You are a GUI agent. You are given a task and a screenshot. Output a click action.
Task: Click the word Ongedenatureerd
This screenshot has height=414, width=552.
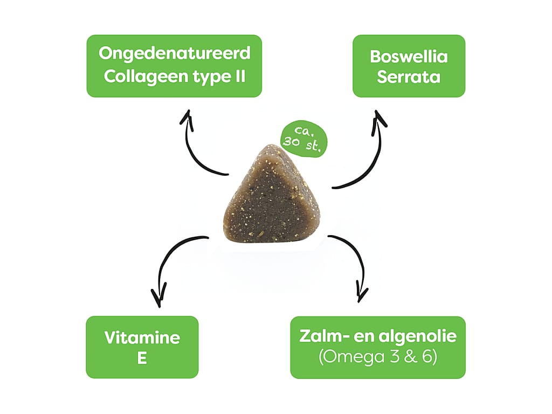coord(175,54)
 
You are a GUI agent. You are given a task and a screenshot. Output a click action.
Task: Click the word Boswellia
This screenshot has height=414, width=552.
coord(409,56)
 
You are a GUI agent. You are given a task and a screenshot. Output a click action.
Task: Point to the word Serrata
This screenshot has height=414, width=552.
coord(409,77)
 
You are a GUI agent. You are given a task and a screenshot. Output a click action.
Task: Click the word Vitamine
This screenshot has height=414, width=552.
coord(142,337)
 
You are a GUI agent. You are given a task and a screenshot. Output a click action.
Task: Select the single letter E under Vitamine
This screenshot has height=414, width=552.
coord(142,358)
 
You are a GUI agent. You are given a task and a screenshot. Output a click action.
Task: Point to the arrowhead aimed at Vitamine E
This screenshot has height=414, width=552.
coord(158,298)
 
